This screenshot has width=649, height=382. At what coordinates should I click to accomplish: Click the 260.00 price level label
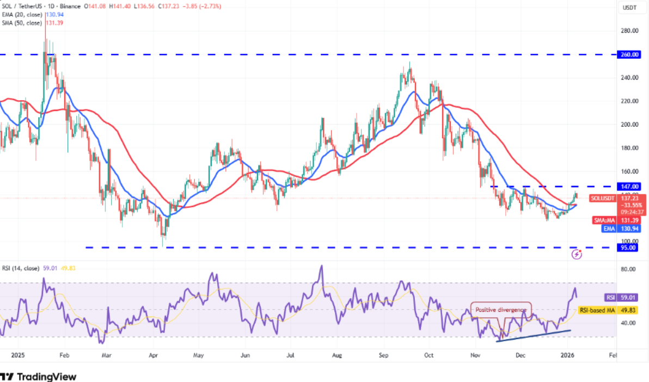(x=631, y=54)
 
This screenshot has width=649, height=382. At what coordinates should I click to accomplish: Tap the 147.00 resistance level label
(x=631, y=186)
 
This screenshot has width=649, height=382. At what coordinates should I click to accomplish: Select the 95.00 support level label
(x=631, y=248)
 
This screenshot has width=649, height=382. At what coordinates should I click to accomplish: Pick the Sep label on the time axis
(x=384, y=355)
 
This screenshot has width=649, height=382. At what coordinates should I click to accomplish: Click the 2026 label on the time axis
(x=568, y=355)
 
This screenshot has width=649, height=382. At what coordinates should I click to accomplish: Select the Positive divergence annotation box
(x=501, y=310)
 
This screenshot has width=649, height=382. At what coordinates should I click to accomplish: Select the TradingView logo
(x=39, y=377)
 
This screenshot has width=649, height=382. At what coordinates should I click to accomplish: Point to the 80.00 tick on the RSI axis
(x=629, y=269)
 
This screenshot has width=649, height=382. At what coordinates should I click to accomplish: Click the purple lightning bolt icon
(x=577, y=254)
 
